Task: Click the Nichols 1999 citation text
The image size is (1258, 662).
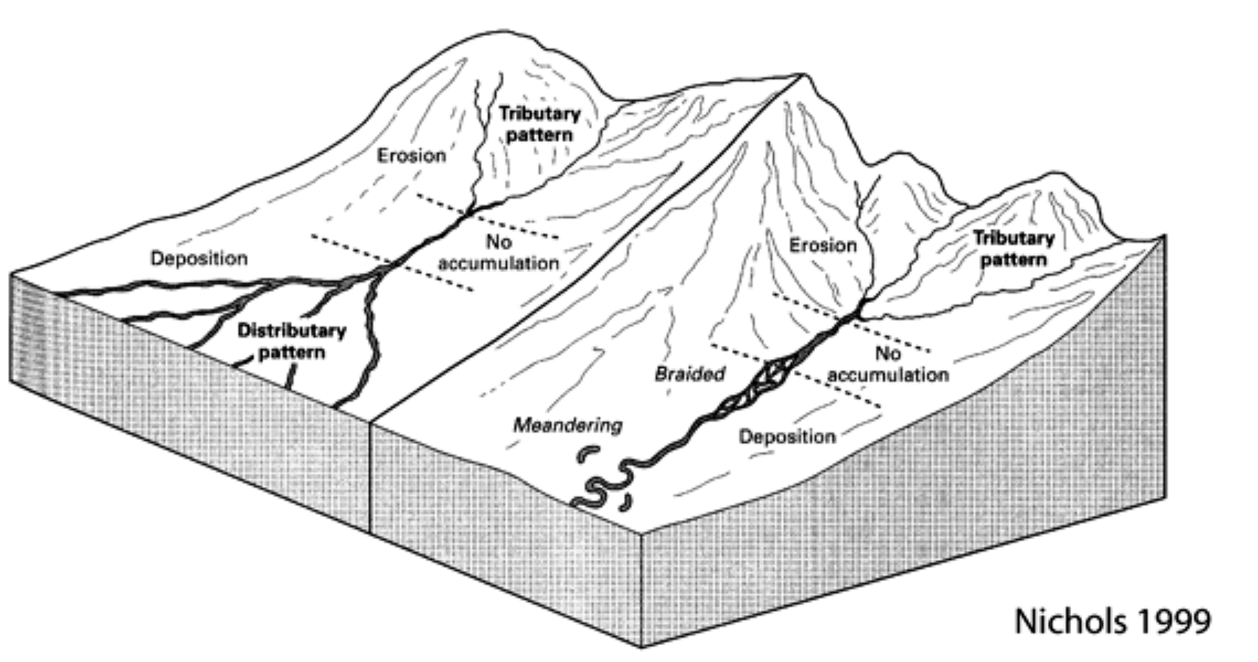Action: click(1112, 621)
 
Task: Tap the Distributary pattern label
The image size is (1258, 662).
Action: click(291, 342)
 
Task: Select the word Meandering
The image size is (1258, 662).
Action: click(568, 426)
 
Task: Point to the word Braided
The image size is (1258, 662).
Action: click(690, 374)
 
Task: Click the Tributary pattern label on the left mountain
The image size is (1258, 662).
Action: click(540, 124)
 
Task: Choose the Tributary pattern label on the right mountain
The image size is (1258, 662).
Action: click(1014, 249)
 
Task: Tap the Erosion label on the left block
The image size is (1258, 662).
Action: click(412, 156)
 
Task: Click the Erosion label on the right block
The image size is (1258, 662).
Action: click(823, 246)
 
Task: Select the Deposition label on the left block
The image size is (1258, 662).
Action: click(199, 258)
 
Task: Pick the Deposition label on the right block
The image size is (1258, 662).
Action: click(787, 437)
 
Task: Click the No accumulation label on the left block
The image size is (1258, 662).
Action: click(499, 253)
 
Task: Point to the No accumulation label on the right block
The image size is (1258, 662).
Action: click(888, 364)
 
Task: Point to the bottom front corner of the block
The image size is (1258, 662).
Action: click(641, 647)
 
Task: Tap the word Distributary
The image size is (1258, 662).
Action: click(291, 331)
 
